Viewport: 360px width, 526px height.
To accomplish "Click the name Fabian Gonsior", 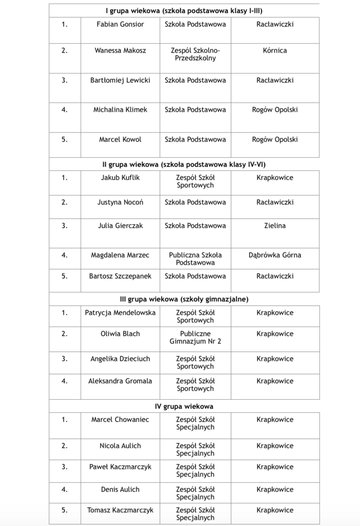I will click(x=120, y=24).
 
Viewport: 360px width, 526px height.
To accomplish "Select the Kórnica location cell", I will click(x=275, y=50).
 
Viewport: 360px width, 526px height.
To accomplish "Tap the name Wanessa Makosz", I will click(x=120, y=50).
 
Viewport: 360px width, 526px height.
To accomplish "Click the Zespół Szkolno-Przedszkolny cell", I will click(x=195, y=54).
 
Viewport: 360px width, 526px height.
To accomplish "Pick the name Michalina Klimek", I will click(x=120, y=110).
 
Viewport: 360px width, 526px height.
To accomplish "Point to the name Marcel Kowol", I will click(x=120, y=139).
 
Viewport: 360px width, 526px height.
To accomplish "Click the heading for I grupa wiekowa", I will click(x=184, y=10).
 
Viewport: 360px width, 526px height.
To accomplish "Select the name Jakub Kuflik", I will click(x=120, y=178).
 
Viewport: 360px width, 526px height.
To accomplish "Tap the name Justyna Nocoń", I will click(x=120, y=202).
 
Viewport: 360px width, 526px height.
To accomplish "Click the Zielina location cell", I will click(x=275, y=226).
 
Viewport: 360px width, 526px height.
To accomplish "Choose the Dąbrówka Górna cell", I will click(x=275, y=255).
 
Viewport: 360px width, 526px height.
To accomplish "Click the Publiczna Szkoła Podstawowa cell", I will click(x=195, y=259).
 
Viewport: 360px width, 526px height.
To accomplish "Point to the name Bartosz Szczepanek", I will click(x=120, y=276).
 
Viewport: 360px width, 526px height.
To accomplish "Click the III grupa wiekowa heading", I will click(x=184, y=299).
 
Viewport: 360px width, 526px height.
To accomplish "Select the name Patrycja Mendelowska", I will click(x=120, y=312).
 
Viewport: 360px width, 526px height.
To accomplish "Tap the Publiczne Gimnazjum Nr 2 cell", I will click(x=195, y=337).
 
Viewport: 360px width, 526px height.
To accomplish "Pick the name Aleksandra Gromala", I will click(x=120, y=381).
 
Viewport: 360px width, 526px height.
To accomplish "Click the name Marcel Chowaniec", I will click(x=120, y=420).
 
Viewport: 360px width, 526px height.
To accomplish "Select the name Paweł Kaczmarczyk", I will click(x=120, y=467).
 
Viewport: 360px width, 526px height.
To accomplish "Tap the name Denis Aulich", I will click(x=120, y=489).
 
